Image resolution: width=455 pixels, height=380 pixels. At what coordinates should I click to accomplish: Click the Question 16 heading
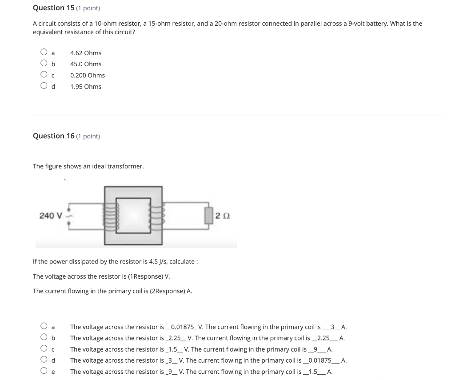point(53,136)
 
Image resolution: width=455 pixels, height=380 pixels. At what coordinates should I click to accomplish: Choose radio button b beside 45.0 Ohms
point(44,64)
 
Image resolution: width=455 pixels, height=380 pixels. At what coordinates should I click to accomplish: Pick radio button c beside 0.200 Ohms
point(44,75)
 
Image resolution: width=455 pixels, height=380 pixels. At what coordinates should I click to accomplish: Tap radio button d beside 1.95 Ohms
point(44,86)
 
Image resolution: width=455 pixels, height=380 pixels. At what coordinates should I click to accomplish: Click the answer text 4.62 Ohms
point(86,53)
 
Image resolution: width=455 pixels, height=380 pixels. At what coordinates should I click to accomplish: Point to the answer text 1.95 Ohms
point(86,87)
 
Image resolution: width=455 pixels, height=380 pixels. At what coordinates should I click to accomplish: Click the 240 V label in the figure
point(51,216)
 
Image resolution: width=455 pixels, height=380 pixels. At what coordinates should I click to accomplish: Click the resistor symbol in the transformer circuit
point(208,215)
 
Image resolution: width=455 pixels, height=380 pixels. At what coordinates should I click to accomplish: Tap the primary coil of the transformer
point(112,216)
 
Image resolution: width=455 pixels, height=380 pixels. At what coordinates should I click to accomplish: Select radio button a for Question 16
point(44,327)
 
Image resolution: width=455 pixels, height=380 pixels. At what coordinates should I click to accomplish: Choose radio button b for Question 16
point(44,338)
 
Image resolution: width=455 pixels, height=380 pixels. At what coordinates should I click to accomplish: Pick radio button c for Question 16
point(44,349)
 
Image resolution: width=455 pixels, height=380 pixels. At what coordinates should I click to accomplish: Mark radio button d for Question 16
point(44,360)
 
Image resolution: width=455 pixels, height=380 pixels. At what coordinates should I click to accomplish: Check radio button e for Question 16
point(44,371)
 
